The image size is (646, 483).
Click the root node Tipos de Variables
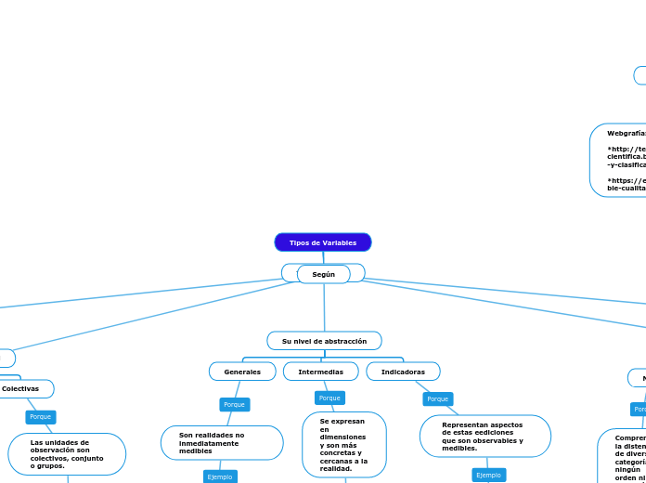pyautogui.click(x=323, y=242)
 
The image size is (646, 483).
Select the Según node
pyautogui.click(x=323, y=274)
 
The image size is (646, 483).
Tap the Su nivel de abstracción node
pyautogui.click(x=324, y=341)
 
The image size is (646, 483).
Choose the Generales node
pyautogui.click(x=242, y=372)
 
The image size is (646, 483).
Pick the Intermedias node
pyautogui.click(x=320, y=372)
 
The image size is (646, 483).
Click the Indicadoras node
pyautogui.click(x=403, y=372)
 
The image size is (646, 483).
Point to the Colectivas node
pyautogui.click(x=20, y=388)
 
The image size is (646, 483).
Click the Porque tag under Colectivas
pyautogui.click(x=41, y=417)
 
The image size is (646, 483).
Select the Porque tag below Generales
pyautogui.click(x=235, y=404)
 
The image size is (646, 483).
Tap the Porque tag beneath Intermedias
pyautogui.click(x=329, y=398)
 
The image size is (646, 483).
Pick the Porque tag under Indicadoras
pyautogui.click(x=438, y=398)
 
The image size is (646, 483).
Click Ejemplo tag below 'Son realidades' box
pyautogui.click(x=220, y=476)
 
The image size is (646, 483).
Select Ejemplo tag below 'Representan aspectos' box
pyautogui.click(x=488, y=475)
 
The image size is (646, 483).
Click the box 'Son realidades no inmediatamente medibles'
pyautogui.click(x=222, y=443)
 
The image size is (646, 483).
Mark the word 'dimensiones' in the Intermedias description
pyautogui.click(x=342, y=437)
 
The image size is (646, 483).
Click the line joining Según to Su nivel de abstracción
pyautogui.click(x=324, y=307)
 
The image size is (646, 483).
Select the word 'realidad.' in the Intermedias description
pyautogui.click(x=335, y=469)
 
